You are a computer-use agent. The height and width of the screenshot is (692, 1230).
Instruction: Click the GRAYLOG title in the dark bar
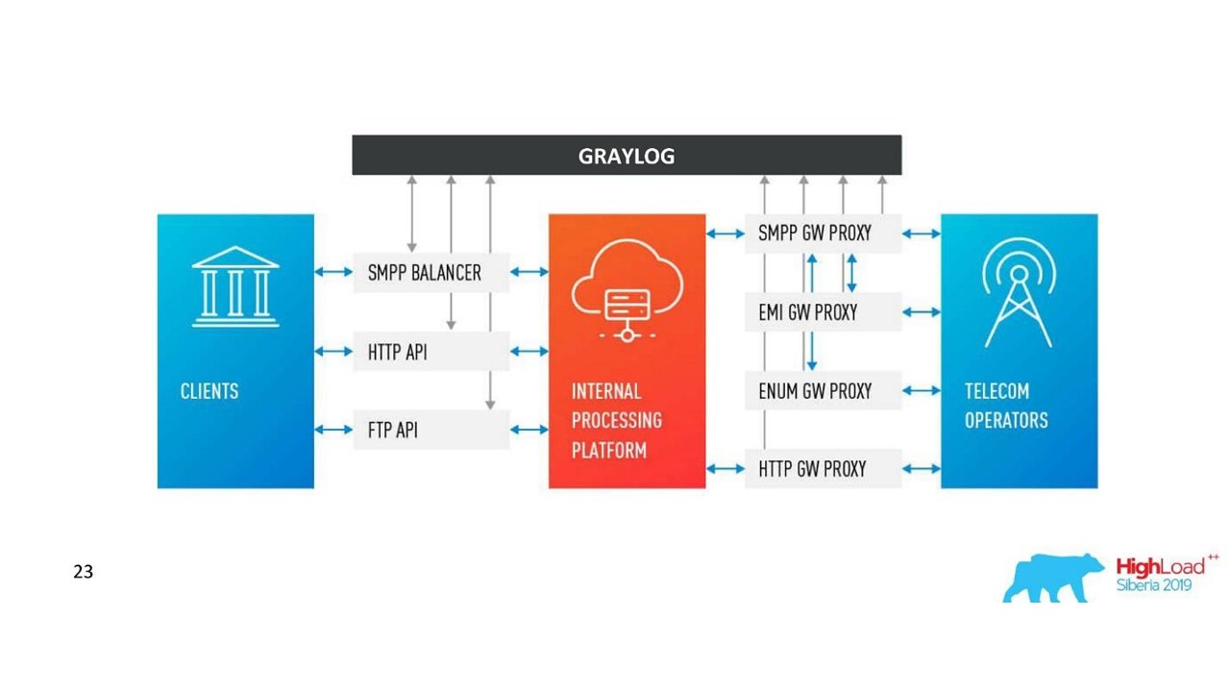627,156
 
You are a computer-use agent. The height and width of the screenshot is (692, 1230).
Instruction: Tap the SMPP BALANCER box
431,272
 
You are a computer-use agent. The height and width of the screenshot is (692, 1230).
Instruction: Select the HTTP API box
431,351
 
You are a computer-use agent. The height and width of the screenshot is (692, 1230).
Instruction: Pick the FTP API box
431,430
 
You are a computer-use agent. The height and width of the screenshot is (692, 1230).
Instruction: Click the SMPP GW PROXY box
824,234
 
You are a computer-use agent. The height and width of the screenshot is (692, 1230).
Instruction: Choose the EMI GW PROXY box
824,312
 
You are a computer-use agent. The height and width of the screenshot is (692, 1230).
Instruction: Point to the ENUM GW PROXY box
824,390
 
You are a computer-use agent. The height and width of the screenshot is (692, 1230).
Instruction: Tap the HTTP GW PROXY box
824,468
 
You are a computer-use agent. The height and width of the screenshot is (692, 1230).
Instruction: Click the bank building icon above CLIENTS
235,286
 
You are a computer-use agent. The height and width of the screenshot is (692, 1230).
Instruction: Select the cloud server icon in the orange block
627,290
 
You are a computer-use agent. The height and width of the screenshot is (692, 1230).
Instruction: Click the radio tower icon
1020,292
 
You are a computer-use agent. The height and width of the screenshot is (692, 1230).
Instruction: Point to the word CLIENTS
209,391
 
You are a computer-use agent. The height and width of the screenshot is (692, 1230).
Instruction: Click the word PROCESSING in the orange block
617,421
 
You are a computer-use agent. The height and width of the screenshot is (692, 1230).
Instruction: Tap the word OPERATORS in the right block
1006,421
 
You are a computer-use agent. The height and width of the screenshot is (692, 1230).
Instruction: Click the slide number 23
83,572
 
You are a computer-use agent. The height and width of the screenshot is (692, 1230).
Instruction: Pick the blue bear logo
1053,578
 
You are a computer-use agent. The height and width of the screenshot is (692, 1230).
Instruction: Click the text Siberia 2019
1154,585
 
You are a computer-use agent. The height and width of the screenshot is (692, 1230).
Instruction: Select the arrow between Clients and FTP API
333,430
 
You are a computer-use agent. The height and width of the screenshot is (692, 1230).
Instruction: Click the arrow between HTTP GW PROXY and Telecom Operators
922,468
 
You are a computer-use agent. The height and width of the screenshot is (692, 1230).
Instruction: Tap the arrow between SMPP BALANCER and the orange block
529,272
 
